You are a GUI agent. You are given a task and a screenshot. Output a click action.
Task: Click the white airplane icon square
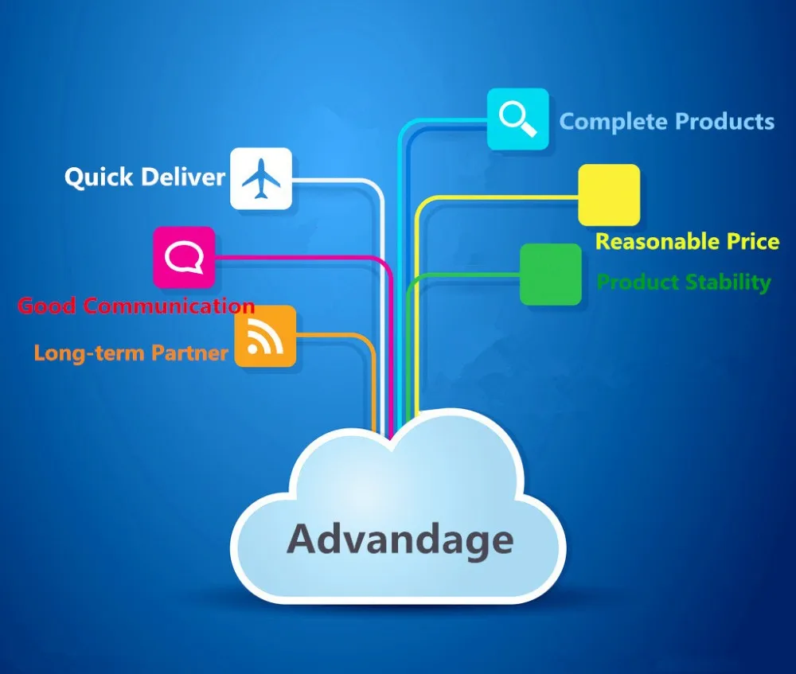(x=261, y=178)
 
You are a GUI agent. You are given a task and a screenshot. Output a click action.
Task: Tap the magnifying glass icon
(x=517, y=119)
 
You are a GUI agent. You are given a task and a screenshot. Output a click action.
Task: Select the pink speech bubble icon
(x=184, y=257)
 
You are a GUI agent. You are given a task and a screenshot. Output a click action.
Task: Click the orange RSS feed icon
(x=265, y=337)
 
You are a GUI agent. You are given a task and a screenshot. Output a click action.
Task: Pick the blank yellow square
(x=609, y=195)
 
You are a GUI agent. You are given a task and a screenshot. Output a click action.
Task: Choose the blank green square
(x=551, y=275)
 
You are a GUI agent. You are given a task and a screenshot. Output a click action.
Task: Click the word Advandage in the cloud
(x=400, y=540)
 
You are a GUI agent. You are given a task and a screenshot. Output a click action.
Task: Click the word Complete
(x=613, y=122)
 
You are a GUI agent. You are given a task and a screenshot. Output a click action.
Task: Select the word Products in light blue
(x=724, y=122)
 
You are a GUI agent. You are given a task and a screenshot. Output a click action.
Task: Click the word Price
(x=752, y=242)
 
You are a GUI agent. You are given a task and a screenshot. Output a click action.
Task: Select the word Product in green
(x=638, y=282)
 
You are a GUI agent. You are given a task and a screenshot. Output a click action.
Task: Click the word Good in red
(x=46, y=306)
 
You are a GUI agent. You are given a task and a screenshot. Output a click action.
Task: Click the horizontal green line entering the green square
(x=478, y=275)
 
